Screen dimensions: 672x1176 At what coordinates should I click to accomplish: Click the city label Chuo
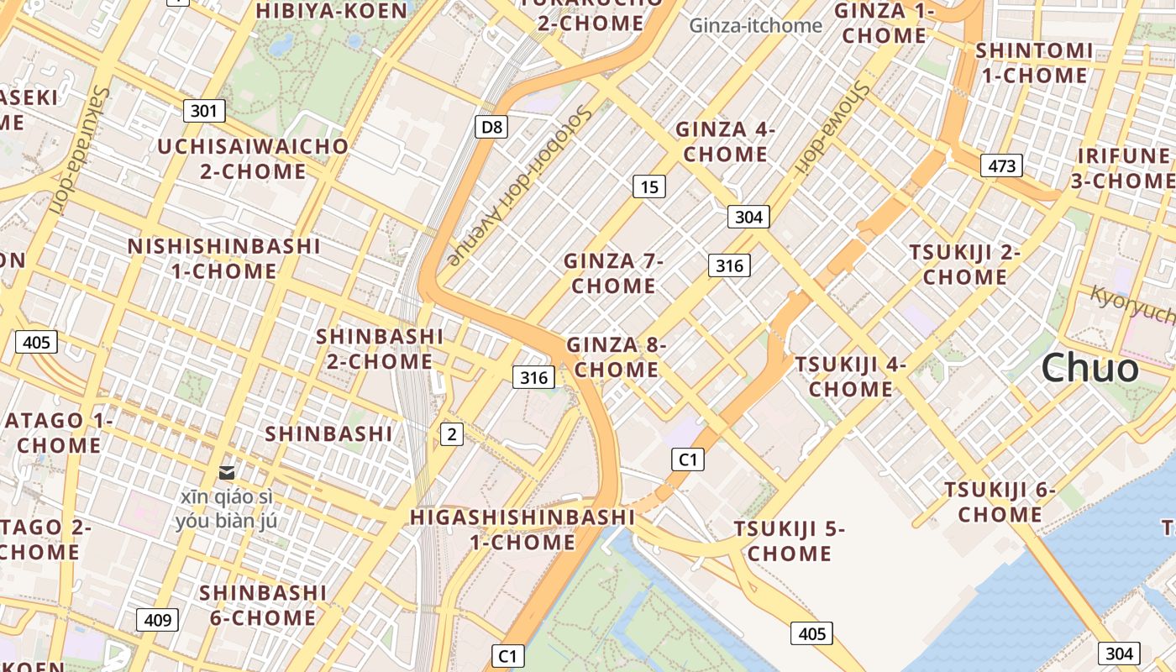1090,368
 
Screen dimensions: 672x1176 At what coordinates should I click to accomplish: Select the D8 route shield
491,127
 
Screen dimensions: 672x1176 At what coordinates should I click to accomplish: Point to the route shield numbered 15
649,186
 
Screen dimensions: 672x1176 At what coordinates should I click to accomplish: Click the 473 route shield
1001,165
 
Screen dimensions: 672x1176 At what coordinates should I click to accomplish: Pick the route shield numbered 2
452,434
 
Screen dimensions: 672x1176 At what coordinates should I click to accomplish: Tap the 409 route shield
157,621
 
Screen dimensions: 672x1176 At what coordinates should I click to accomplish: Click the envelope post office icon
226,474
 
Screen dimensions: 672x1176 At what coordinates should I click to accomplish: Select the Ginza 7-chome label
613,273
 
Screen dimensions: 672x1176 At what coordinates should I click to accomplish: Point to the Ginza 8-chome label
617,357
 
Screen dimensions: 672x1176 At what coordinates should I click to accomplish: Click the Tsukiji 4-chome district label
851,376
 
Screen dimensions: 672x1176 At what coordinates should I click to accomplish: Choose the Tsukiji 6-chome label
1000,501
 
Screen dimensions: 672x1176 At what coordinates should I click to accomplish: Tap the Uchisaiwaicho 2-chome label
253,159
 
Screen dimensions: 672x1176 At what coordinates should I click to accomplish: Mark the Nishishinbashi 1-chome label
223,259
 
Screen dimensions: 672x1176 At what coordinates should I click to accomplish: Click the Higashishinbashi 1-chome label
522,529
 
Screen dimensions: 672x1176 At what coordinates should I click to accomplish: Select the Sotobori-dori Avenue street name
520,186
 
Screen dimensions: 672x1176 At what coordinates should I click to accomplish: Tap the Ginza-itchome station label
755,25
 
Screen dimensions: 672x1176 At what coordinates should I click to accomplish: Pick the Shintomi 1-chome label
1034,63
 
